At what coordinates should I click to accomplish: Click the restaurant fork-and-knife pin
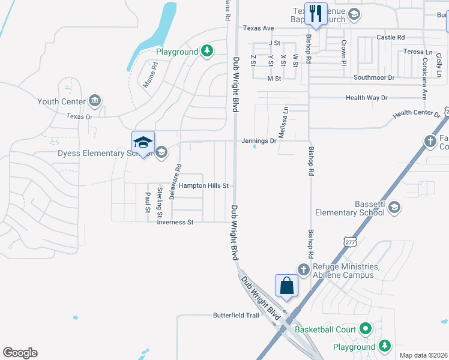tap(316, 13)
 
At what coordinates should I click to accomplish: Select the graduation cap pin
tap(143, 142)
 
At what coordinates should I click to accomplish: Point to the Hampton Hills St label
tap(204, 186)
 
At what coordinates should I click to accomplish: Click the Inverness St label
tap(175, 222)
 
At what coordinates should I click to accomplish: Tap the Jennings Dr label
tap(259, 141)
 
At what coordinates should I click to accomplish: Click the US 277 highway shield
tap(351, 241)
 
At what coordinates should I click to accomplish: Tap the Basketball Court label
tap(325, 329)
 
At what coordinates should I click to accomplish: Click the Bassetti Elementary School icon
tap(394, 208)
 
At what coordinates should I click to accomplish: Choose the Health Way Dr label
tap(367, 98)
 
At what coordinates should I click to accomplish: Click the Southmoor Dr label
tap(374, 78)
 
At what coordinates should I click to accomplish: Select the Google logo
tap(20, 353)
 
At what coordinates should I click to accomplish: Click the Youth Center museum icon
tap(94, 100)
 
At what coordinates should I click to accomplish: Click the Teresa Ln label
tap(418, 52)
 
